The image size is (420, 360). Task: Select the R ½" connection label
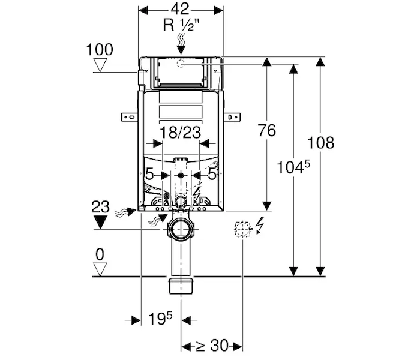tap(181, 25)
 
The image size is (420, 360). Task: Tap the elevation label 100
tap(99, 49)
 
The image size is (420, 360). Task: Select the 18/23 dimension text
tap(181, 132)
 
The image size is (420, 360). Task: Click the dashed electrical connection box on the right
tap(241, 228)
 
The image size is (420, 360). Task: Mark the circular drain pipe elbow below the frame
tap(181, 228)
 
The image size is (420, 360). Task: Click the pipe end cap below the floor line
tap(181, 286)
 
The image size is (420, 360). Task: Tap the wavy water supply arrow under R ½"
tap(181, 43)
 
